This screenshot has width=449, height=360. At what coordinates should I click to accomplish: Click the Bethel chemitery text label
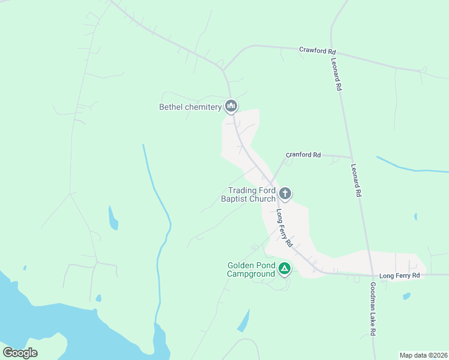[x=190, y=107]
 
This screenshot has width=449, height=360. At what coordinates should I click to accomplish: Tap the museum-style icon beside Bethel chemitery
[x=231, y=107]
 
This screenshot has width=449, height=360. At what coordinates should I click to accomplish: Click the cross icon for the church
[x=285, y=194]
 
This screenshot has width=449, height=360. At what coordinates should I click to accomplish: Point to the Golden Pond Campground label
[x=251, y=270]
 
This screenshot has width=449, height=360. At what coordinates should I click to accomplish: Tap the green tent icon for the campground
[x=285, y=269]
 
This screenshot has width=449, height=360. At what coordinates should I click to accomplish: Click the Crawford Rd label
[x=318, y=50]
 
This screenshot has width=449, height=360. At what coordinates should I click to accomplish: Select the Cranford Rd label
[x=303, y=155]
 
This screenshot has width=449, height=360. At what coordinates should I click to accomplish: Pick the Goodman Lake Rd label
[x=373, y=309]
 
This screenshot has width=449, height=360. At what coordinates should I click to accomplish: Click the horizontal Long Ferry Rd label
[x=399, y=275]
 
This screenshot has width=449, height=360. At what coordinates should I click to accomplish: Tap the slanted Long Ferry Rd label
[x=284, y=228]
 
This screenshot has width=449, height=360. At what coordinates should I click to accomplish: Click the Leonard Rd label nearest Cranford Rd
[x=357, y=181]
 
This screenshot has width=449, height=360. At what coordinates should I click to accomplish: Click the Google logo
[x=20, y=352]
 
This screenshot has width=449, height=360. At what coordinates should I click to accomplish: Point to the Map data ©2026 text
[x=423, y=355]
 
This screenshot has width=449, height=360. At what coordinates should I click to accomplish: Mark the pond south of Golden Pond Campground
[x=244, y=321]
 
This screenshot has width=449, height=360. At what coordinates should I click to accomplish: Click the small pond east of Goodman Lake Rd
[x=406, y=296]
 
